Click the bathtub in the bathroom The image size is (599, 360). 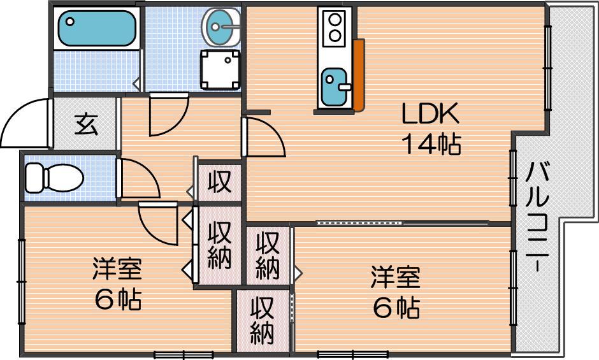(97, 28)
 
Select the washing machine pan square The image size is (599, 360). (220, 69)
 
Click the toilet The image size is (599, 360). (54, 178)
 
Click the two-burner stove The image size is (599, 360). (335, 27)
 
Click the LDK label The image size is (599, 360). (430, 113)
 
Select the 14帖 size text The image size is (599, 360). (431, 143)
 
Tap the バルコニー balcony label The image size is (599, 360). (537, 216)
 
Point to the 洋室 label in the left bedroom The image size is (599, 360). (117, 269)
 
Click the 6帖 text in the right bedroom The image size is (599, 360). (396, 308)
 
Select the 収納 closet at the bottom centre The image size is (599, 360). (263, 320)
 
